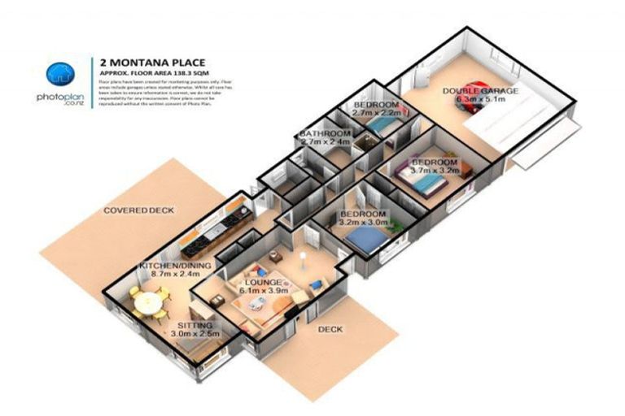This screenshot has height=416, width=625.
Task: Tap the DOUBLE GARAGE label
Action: click(480, 91)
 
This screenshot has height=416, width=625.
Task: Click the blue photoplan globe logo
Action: click(59, 76)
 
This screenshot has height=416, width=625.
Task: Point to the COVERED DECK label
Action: click(138, 210)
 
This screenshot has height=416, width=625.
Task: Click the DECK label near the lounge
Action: click(330, 329)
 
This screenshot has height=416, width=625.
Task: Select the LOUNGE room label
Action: click(261, 281)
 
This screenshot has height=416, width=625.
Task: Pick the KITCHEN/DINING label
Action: click(175, 266)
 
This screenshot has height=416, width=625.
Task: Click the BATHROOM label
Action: click(325, 133)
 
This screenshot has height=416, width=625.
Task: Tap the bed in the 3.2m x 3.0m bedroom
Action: click(367, 238)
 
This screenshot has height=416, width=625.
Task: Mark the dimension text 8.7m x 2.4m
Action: click(175, 275)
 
